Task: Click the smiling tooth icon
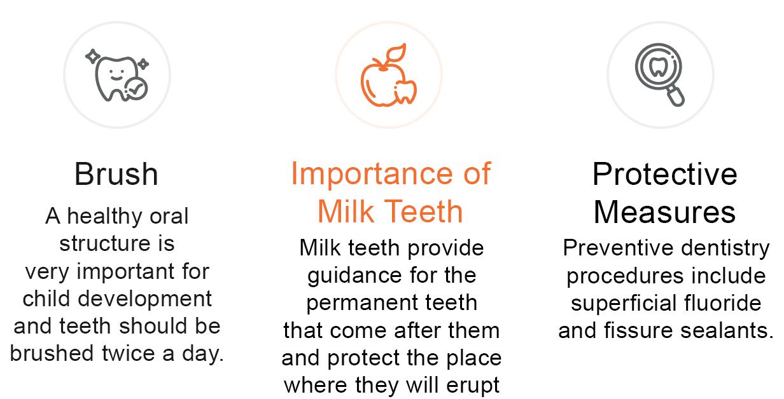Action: pyautogui.click(x=116, y=75)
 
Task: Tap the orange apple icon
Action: pyautogui.click(x=388, y=75)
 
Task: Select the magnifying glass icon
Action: pyautogui.click(x=659, y=74)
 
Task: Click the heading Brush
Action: pyautogui.click(x=116, y=174)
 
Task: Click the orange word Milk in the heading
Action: pyautogui.click(x=346, y=212)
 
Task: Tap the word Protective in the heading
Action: pyautogui.click(x=664, y=174)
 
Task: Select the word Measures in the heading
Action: pyautogui.click(x=664, y=212)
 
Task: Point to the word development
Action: pyautogui.click(x=145, y=299)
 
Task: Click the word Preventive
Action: pyautogui.click(x=618, y=248)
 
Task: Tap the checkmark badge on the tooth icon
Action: pyautogui.click(x=136, y=89)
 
